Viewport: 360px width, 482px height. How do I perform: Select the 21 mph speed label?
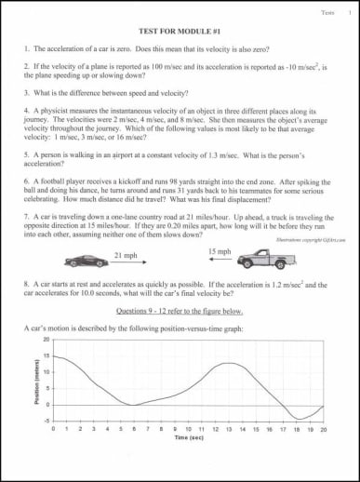click(x=126, y=254)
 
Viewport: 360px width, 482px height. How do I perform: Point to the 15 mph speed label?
click(x=220, y=251)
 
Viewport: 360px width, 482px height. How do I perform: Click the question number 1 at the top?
click(x=27, y=47)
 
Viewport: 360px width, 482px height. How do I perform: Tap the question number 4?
click(x=27, y=109)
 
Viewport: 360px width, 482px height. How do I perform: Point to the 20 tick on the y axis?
click(x=46, y=340)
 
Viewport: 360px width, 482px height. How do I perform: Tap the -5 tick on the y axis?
click(x=47, y=421)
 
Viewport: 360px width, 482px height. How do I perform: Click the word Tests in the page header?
click(x=327, y=12)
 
